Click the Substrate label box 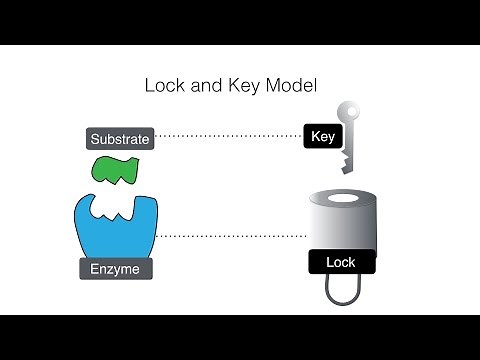tap(120, 139)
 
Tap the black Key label tap(323, 137)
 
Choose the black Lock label tap(340, 262)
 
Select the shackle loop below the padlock tap(341, 292)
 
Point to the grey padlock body tap(340, 228)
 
